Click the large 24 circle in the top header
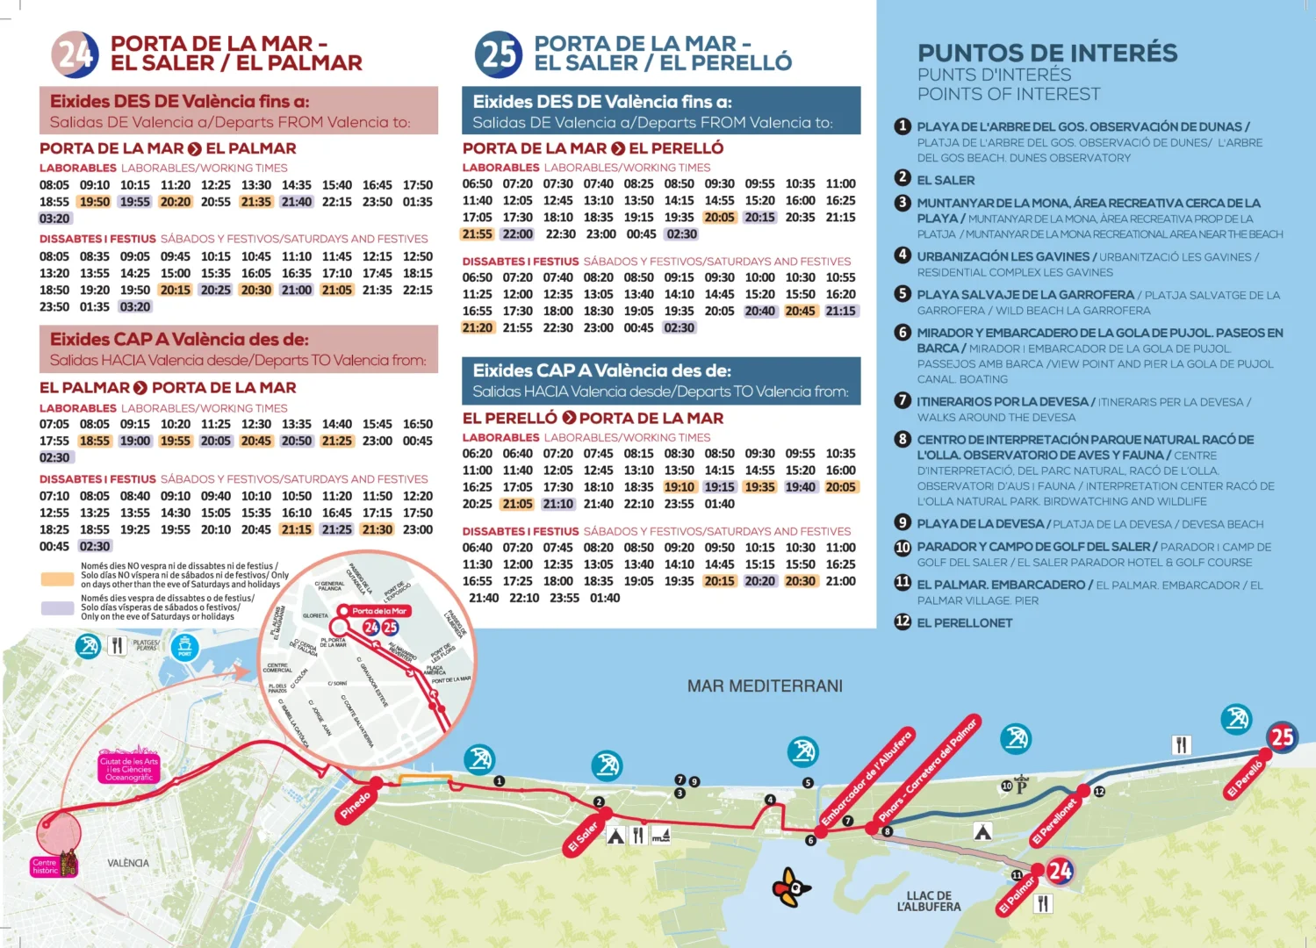pyautogui.click(x=75, y=54)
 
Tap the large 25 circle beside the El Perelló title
pyautogui.click(x=499, y=54)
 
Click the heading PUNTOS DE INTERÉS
pyautogui.click(x=1047, y=53)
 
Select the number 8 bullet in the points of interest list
pyautogui.click(x=903, y=439)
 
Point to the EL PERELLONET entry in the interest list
pyautogui.click(x=964, y=623)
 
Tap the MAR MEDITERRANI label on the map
pyautogui.click(x=765, y=686)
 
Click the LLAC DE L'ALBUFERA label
pyautogui.click(x=929, y=901)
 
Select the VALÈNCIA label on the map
pyautogui.click(x=128, y=863)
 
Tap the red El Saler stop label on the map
pyautogui.click(x=584, y=837)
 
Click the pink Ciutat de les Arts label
pyautogui.click(x=129, y=769)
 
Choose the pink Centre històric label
pyautogui.click(x=45, y=866)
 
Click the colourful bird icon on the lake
pyautogui.click(x=791, y=887)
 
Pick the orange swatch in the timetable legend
pyautogui.click(x=57, y=579)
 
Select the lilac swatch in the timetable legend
pyautogui.click(x=57, y=607)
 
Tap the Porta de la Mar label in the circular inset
pyautogui.click(x=378, y=611)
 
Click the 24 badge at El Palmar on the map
pyautogui.click(x=1060, y=871)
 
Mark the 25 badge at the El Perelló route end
pyautogui.click(x=1282, y=737)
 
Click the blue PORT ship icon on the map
pyautogui.click(x=184, y=648)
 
